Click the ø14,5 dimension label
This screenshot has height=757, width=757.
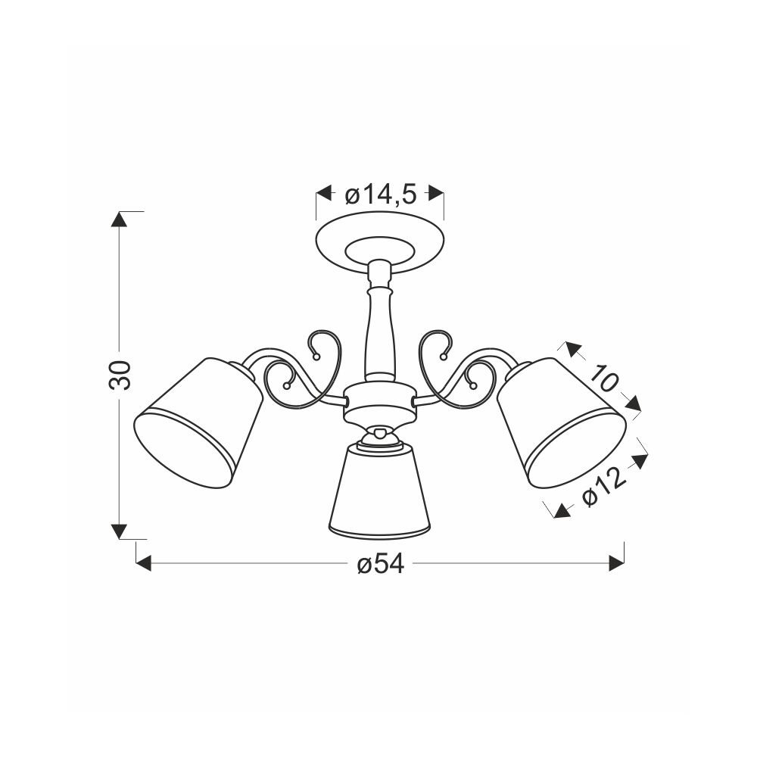pos(380,195)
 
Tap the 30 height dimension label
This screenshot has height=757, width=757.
pos(120,375)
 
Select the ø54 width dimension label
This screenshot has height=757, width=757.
pos(381,564)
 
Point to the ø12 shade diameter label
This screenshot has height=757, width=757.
pos(604,486)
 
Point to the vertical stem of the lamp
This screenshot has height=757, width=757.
pos(379,319)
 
